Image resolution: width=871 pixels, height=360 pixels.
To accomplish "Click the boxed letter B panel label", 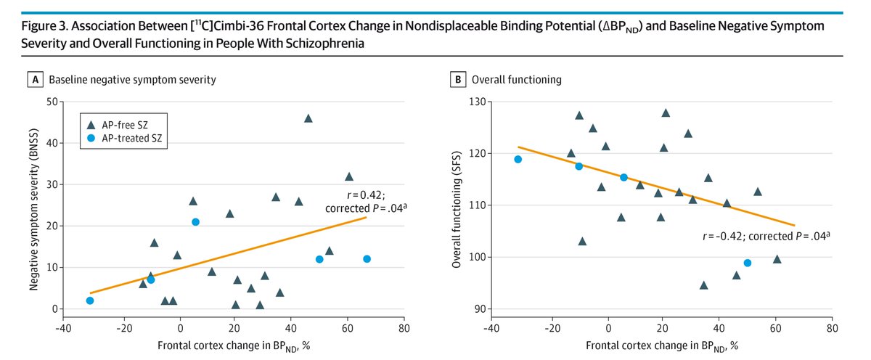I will pos(459,79).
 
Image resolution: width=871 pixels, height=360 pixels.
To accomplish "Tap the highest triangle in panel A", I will pos(308,118).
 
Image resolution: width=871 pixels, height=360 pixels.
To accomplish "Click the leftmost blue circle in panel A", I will pos(90,300).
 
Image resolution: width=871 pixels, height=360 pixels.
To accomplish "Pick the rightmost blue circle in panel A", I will pos(367,259).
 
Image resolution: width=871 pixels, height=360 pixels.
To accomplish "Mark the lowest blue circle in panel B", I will pos(748,263).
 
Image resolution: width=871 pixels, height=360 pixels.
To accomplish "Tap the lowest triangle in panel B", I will pos(703,285).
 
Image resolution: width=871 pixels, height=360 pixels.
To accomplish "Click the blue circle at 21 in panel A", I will pos(195,222).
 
